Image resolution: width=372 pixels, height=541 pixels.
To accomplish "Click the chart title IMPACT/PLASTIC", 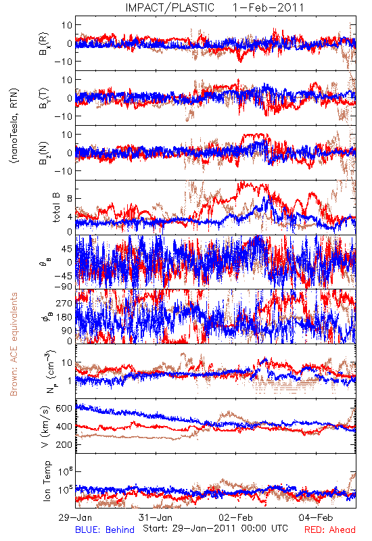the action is [170, 7].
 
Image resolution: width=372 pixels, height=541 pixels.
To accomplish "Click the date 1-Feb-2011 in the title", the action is [268, 7].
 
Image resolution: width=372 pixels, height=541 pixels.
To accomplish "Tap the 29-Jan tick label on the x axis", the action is [75, 517].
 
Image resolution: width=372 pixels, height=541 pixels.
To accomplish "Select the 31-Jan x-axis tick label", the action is [156, 517].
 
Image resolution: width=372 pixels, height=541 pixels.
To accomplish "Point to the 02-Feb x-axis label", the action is [235, 517].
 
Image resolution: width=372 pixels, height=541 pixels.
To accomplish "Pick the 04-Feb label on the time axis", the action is [316, 517].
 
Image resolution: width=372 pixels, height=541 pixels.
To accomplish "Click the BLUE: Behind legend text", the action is [105, 530].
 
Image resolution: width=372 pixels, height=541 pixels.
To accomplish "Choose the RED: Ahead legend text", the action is [330, 530].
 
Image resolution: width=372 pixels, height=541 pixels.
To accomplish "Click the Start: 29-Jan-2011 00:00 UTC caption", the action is [215, 528].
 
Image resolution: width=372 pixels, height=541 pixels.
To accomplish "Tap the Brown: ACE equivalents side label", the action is [14, 344].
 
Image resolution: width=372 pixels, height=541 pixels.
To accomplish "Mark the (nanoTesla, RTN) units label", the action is [14, 126].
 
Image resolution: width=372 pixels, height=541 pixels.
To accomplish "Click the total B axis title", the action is [56, 208].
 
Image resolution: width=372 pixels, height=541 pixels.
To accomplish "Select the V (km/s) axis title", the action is [45, 427].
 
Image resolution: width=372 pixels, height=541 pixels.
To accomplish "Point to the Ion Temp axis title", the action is [47, 481].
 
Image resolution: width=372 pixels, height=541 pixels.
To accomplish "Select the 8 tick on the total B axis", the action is [70, 198].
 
